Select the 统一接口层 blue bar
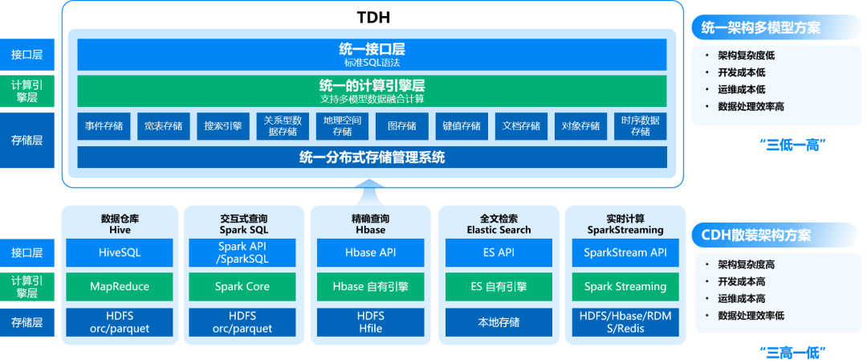tap(372, 54)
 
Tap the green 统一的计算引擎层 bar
tap(372, 91)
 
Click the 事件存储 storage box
tap(104, 126)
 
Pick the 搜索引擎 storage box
tap(223, 126)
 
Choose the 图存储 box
tap(401, 126)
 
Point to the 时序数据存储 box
tap(640, 126)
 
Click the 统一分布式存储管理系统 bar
tap(372, 157)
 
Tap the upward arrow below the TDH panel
tap(370, 191)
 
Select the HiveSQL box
tap(120, 252)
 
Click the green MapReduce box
tap(120, 286)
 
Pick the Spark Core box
tap(242, 286)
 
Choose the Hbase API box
tap(371, 252)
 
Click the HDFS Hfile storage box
tap(371, 322)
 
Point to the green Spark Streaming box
tap(625, 286)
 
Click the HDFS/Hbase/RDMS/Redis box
tap(625, 322)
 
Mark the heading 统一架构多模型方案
tap(761, 28)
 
